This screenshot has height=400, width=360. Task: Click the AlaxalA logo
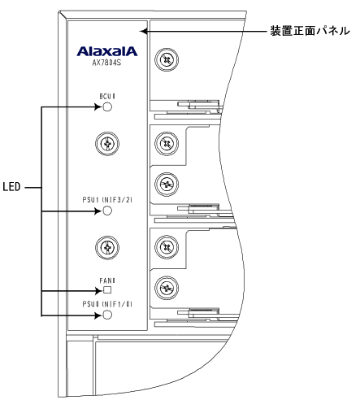(x=107, y=51)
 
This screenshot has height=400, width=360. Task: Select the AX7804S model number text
(x=106, y=63)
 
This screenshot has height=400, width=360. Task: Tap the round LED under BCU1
(x=107, y=107)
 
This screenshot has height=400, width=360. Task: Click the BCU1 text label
(x=107, y=97)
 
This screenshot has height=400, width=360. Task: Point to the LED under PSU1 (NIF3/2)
(x=107, y=211)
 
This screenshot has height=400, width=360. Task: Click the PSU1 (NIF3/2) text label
(x=107, y=200)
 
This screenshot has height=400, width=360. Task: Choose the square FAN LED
(x=107, y=290)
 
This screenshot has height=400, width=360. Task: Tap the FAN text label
(x=107, y=280)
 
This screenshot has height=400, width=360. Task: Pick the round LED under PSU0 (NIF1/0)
(x=107, y=315)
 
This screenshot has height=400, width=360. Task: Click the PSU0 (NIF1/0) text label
(x=107, y=304)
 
